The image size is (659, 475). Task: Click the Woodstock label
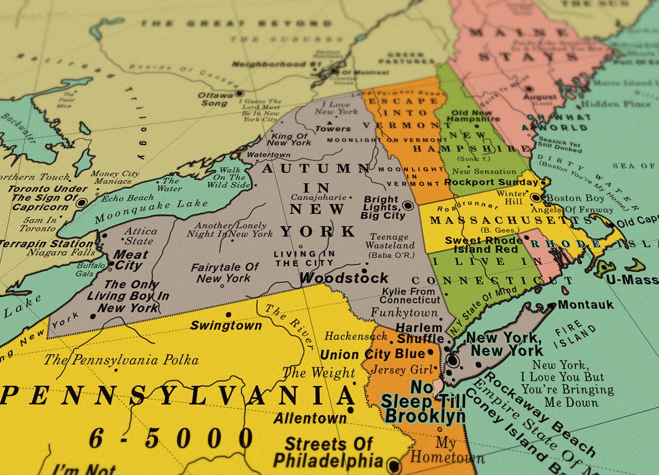point(344,278)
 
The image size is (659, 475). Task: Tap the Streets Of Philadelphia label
point(329,452)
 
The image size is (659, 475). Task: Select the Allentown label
point(310,418)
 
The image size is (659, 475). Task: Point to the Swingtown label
point(226,325)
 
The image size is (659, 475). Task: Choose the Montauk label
point(585,305)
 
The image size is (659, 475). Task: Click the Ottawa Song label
point(215,99)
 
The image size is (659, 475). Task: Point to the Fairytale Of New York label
point(225,272)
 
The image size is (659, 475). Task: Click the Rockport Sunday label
point(491,182)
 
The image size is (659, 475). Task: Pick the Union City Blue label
point(372,354)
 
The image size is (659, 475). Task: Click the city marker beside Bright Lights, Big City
point(408,205)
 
